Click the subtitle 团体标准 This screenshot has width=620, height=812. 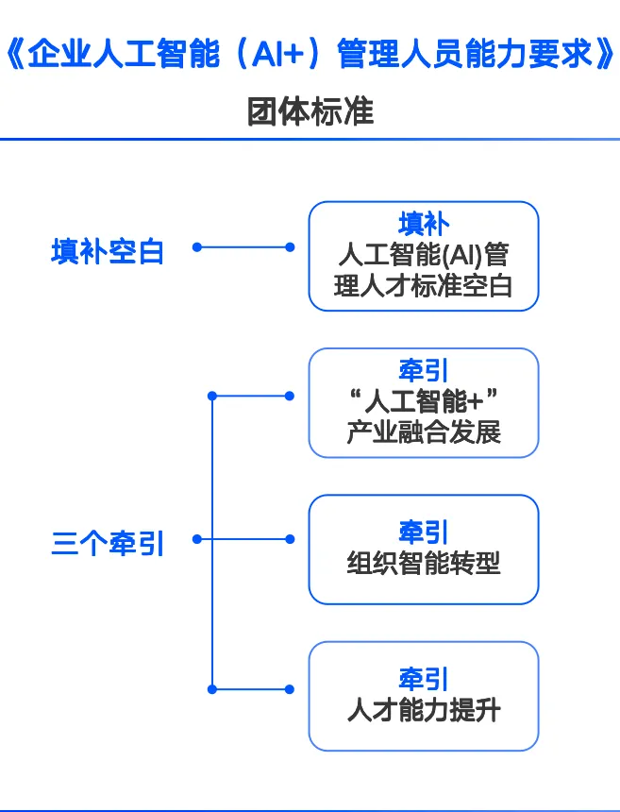tap(310, 112)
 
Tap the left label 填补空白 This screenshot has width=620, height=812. tap(108, 251)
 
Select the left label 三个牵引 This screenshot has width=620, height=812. tap(108, 544)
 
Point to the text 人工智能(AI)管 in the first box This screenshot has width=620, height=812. tap(424, 254)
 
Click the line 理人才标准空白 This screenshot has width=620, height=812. tap(424, 285)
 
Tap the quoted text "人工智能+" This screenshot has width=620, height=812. tap(424, 401)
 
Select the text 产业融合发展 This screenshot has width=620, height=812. tap(424, 432)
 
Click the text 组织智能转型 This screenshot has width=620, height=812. tap(424, 563)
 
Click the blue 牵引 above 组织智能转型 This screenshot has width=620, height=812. tap(424, 532)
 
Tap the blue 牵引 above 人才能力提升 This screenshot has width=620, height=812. tap(424, 679)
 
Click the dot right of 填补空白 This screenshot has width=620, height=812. tap(197, 247)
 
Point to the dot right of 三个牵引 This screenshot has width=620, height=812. tap(197, 540)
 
